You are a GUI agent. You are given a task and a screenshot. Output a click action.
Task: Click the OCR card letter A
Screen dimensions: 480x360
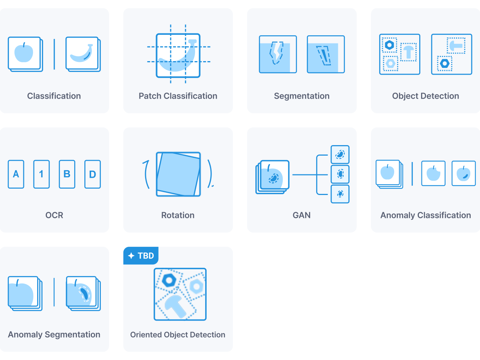click(x=16, y=174)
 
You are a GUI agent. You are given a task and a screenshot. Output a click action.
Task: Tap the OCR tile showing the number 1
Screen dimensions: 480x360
click(x=41, y=174)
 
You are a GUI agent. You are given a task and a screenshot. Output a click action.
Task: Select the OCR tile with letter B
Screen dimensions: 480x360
click(x=67, y=174)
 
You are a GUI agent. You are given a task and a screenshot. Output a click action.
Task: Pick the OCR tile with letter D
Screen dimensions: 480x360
click(x=93, y=174)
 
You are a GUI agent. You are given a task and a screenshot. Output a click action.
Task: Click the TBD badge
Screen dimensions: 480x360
click(x=141, y=255)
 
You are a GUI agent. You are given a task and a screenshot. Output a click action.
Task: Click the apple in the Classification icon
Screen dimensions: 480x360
click(x=24, y=52)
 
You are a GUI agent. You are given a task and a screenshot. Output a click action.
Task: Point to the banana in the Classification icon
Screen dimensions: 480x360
click(x=82, y=53)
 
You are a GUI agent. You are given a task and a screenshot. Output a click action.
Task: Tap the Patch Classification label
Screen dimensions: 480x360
click(x=178, y=96)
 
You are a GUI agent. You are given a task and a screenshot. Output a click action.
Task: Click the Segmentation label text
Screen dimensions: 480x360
click(x=301, y=96)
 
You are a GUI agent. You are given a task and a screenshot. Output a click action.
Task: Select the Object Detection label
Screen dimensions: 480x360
click(x=425, y=96)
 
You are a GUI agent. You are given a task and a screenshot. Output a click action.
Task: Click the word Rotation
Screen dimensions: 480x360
click(x=178, y=215)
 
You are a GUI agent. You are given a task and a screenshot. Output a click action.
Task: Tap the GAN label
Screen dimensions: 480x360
click(x=301, y=215)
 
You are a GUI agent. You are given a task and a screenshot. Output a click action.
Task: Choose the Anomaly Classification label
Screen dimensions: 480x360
click(x=426, y=215)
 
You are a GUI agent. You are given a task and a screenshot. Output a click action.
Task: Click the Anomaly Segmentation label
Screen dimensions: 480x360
click(x=54, y=334)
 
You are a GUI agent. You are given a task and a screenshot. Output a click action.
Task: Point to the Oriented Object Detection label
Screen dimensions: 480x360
click(x=178, y=334)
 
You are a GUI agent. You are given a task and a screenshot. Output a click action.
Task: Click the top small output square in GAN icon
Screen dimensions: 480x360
click(x=340, y=154)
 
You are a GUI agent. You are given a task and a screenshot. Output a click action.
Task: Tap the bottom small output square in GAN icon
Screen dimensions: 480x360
click(x=340, y=194)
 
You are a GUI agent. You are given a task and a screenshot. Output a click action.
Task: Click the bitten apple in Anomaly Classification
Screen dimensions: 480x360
click(x=433, y=173)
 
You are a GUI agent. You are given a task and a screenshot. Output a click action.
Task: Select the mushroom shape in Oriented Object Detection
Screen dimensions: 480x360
click(x=175, y=306)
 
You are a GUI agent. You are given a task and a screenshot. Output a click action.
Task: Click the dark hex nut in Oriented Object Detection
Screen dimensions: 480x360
click(x=169, y=280)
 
